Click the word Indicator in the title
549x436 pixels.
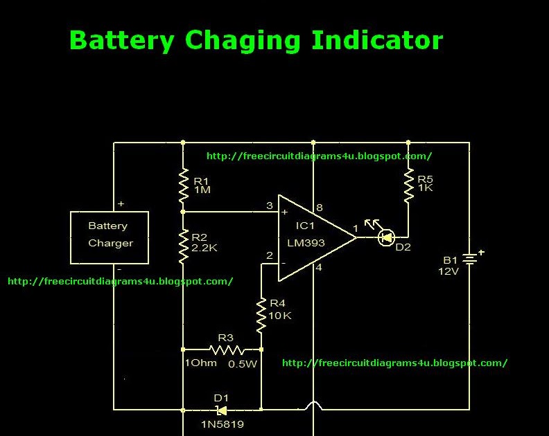pos(376,40)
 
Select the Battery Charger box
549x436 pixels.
pos(110,237)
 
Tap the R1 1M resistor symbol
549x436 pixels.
pos(183,185)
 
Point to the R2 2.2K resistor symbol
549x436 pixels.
pos(183,247)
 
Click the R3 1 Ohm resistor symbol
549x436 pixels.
pos(226,349)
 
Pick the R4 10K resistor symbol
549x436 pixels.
pos(261,314)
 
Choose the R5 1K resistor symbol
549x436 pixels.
pos(408,185)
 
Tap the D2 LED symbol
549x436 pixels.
pos(385,237)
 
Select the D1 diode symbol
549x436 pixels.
pos(222,410)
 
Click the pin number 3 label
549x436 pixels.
pos(270,205)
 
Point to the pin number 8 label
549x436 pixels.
pos(320,207)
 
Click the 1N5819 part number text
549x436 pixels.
pos(222,424)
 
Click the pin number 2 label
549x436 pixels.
pos(270,255)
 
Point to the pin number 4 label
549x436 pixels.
pos(319,268)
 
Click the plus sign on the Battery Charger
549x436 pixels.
pos(121,204)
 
